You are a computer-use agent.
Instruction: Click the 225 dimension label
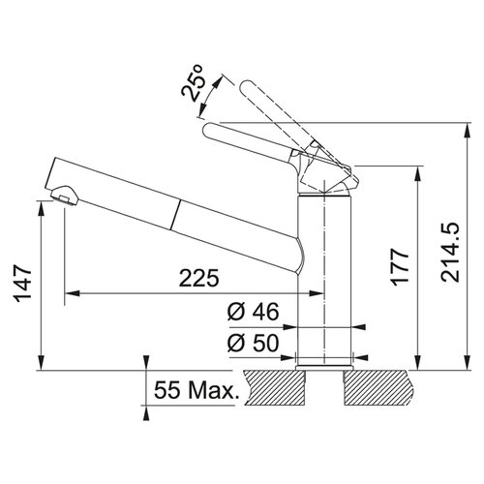point(199,278)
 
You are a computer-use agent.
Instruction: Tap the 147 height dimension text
point(22,286)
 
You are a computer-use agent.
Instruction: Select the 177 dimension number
point(400,267)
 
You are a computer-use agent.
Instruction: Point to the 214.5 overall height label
point(450,253)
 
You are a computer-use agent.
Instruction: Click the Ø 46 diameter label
point(253,312)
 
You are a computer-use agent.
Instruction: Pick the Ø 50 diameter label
point(253,343)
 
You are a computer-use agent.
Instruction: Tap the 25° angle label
point(192,83)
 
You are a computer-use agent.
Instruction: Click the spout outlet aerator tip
point(65,195)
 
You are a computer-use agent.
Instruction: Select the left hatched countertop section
point(275,388)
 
